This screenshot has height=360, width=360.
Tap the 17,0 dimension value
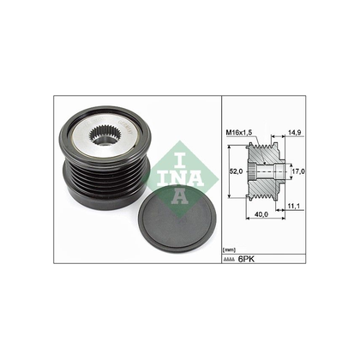297,171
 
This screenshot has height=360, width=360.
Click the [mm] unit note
228,249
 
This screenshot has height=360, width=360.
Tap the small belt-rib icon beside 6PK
230,257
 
